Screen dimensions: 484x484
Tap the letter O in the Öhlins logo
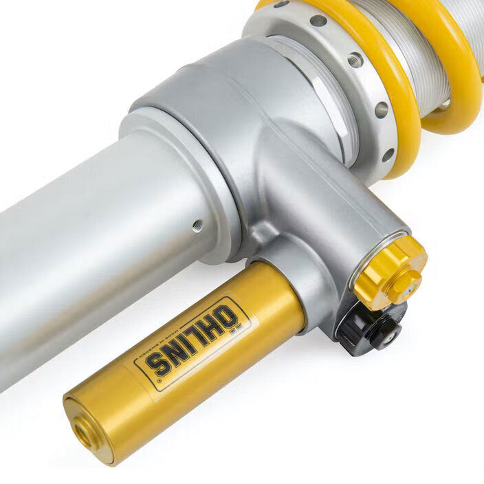[x=228, y=318]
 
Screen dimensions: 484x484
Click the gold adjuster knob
[x=390, y=269]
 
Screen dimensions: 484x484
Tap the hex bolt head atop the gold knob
[x=403, y=283]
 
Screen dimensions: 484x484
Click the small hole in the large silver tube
[x=198, y=223]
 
